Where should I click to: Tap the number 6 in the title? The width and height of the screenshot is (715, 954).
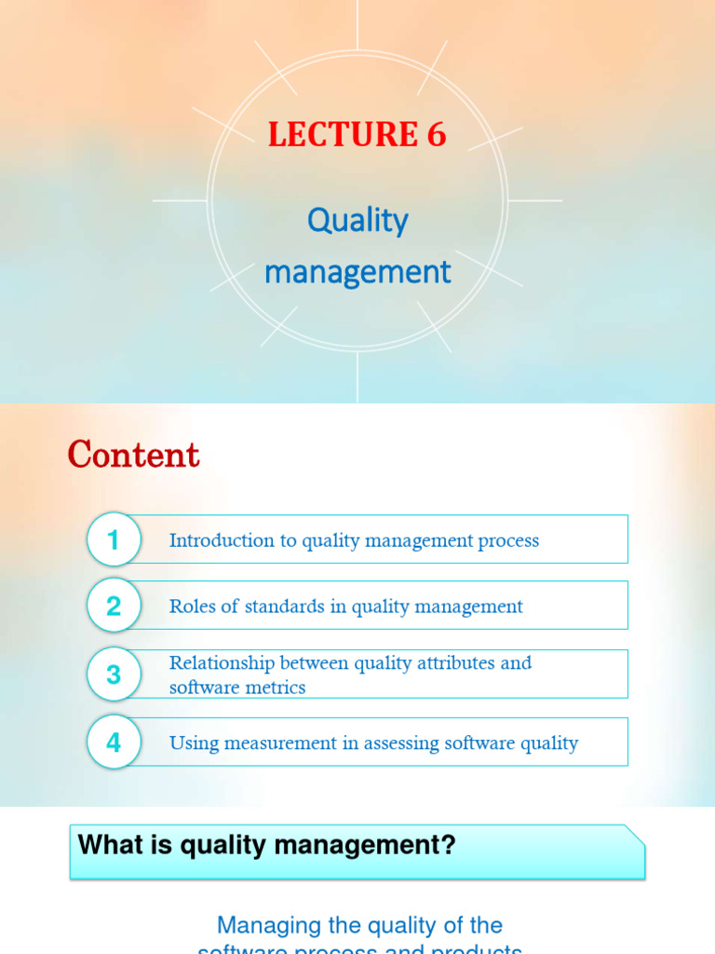437,135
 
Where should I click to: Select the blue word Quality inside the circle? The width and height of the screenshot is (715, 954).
357,222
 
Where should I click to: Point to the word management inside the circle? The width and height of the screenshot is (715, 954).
357,273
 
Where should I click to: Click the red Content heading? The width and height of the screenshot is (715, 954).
133,456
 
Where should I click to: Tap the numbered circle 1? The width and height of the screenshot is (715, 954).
114,540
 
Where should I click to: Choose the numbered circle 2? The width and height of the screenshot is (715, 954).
114,606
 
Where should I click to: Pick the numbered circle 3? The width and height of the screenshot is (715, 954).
114,675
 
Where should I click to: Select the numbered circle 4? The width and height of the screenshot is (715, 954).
114,743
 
